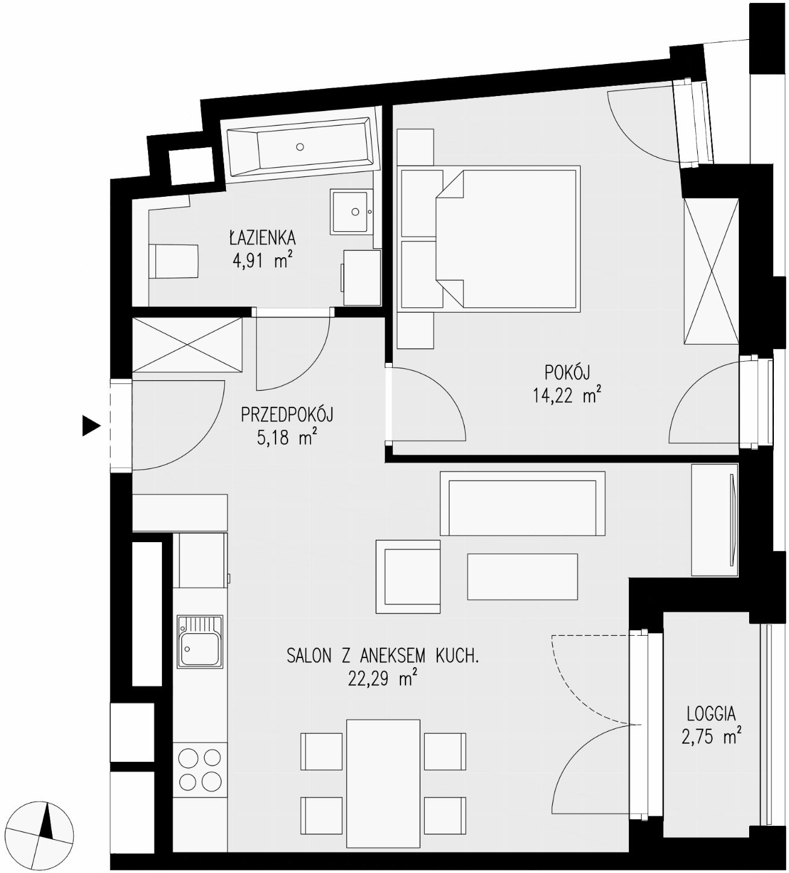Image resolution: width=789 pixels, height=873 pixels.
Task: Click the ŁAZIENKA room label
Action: (x=262, y=238)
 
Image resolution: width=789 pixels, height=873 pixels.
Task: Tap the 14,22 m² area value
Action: (x=567, y=396)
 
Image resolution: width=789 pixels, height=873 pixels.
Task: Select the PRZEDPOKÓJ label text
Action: (x=287, y=415)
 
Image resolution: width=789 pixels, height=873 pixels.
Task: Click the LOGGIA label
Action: (x=711, y=714)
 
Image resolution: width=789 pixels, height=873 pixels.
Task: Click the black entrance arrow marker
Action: (x=91, y=425)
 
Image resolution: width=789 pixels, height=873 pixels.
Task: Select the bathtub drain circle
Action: (x=300, y=147)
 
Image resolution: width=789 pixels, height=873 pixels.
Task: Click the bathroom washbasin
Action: (x=352, y=211)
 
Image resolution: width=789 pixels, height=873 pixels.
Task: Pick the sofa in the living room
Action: (x=523, y=503)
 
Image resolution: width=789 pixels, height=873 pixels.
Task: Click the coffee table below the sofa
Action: (x=523, y=577)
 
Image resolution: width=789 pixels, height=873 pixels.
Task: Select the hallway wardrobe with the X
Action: (x=187, y=345)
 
